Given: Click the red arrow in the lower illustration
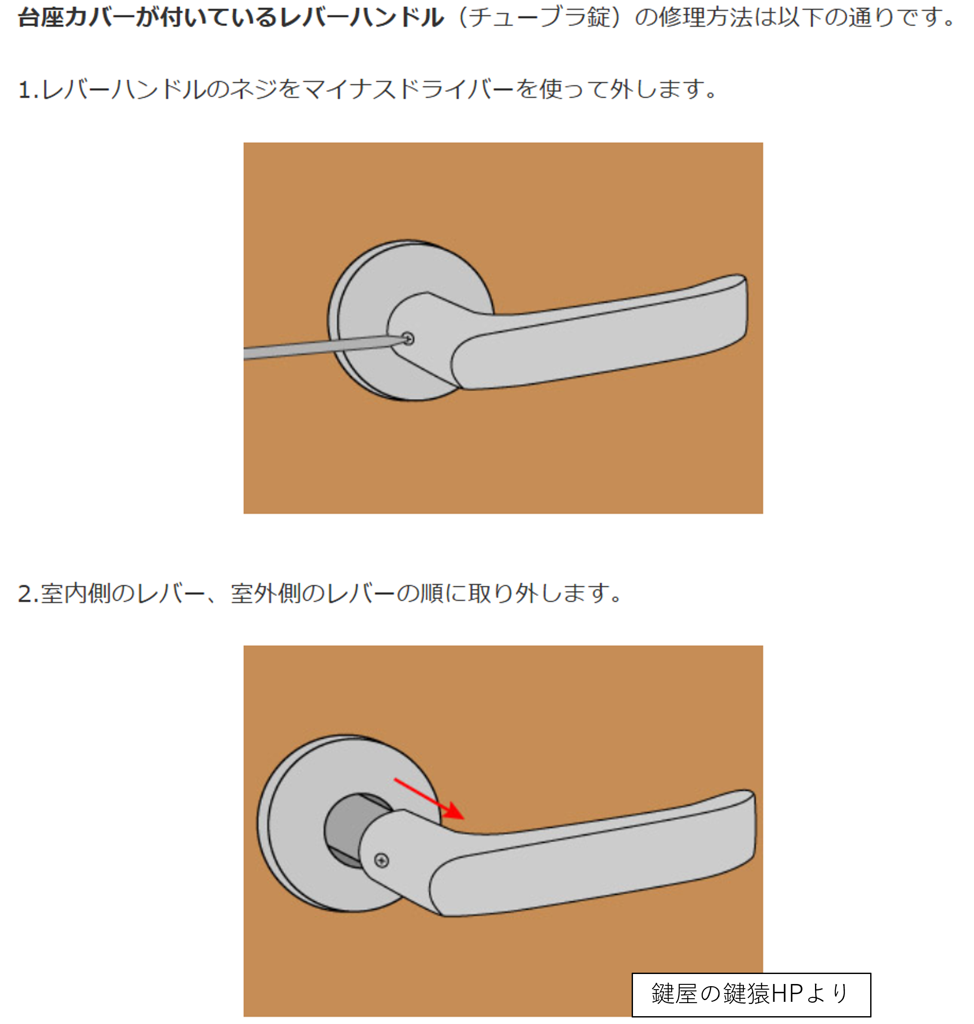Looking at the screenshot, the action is click(x=429, y=798).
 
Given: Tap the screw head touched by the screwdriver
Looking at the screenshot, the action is click(x=408, y=339).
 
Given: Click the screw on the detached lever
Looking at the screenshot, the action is click(x=381, y=861).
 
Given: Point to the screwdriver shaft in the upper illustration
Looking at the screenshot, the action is click(x=325, y=347).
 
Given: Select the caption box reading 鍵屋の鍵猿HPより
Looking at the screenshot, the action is click(x=751, y=994).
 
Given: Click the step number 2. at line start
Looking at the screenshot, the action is click(x=29, y=593).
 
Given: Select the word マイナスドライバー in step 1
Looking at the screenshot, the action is click(x=409, y=90).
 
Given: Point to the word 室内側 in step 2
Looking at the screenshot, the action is click(x=76, y=593).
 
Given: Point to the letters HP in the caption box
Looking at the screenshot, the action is click(x=787, y=994).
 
